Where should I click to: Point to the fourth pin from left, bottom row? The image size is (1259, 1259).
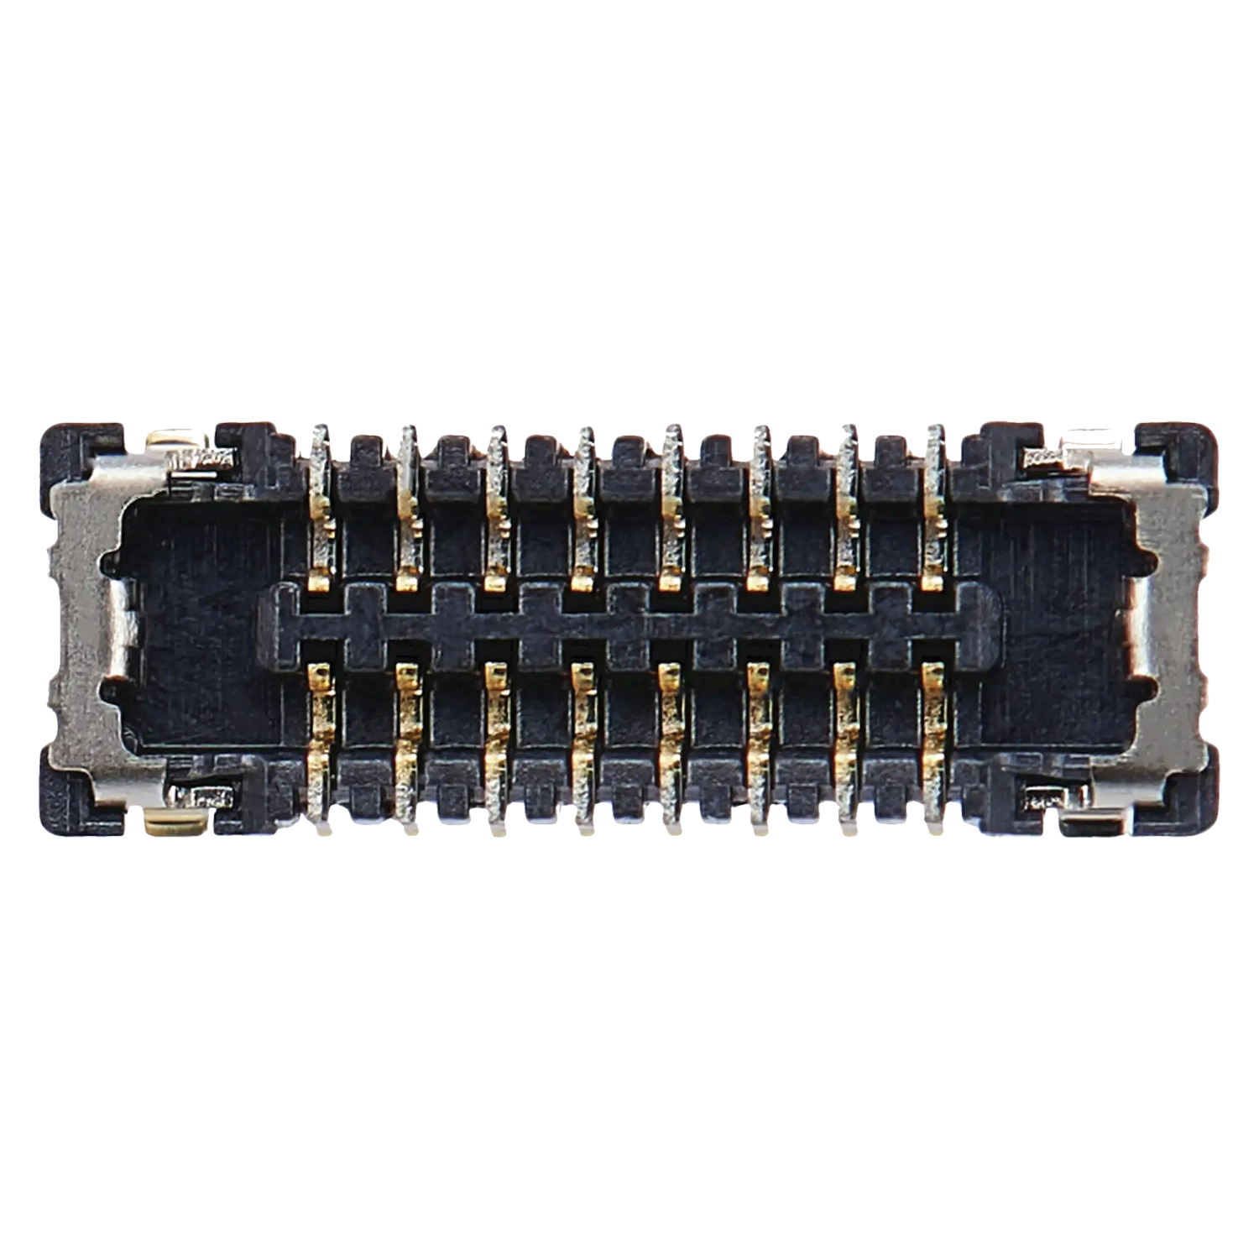(x=583, y=739)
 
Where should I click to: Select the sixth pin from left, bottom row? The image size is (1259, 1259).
(x=759, y=739)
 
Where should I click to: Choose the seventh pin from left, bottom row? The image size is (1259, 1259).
(x=846, y=739)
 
